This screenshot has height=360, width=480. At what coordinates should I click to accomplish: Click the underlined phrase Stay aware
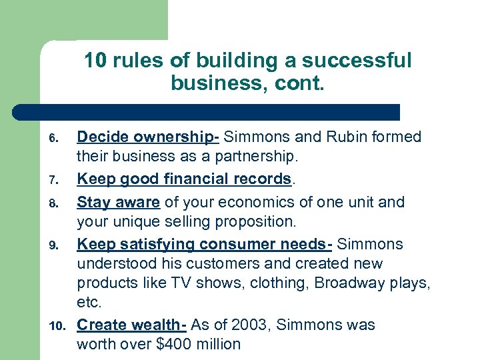click(119, 201)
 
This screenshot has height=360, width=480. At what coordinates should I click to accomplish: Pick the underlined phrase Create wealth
click(131, 325)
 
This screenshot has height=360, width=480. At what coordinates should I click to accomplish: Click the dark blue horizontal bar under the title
click(207, 111)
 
